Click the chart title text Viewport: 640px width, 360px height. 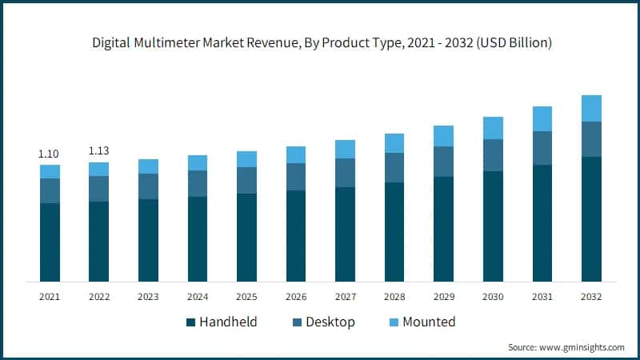320,42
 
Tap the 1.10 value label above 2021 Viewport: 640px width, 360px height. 50,154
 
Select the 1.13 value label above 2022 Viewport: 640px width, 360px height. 98,150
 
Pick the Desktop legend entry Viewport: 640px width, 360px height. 320,322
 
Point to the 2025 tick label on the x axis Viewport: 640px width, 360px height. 246,297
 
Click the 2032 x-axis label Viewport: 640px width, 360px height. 591,297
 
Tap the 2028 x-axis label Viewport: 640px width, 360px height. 394,297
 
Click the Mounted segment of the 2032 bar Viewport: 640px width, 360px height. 591,108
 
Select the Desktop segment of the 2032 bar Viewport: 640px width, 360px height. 591,139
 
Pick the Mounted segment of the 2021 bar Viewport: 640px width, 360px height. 50,171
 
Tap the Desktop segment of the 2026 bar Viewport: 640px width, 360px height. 296,177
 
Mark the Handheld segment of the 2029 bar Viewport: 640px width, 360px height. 443,229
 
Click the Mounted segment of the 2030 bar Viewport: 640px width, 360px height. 493,128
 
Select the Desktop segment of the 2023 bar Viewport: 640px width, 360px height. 148,186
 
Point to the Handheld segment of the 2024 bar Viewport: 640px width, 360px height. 198,238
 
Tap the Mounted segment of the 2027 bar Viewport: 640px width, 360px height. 345,149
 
